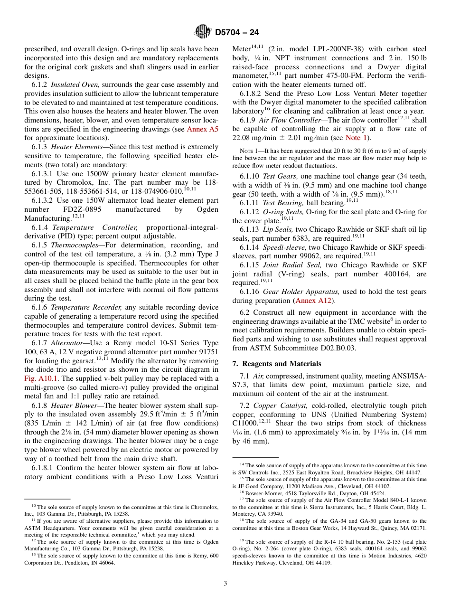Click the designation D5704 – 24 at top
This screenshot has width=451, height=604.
point(237,33)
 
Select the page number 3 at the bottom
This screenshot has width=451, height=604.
point(225,584)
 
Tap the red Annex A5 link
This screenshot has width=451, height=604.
point(202,129)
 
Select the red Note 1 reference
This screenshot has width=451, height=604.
point(356,138)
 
